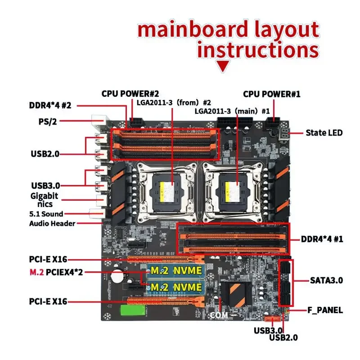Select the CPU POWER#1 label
click(271, 94)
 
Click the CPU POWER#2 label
click(130, 94)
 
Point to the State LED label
click(324, 133)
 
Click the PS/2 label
click(47, 121)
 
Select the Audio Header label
click(53, 223)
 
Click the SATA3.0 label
click(326, 280)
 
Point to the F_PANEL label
click(325, 310)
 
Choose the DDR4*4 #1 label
click(322, 239)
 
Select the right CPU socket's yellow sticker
click(231, 187)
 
